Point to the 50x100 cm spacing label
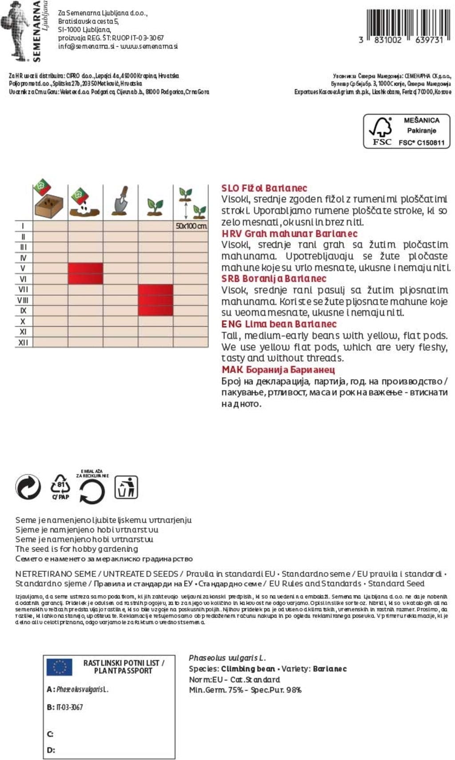(191, 226)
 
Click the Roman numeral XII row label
(23, 343)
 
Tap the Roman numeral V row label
(23, 268)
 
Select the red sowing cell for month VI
(85, 279)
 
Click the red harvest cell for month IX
(156, 311)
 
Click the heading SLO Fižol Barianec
(264, 188)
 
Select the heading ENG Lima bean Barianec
(279, 324)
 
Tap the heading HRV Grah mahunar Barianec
(289, 234)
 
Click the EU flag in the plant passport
(60, 667)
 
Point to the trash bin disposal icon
(126, 487)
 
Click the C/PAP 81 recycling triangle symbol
(60, 487)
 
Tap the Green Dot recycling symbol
(28, 487)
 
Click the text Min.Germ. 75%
(216, 690)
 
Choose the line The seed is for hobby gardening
(76, 549)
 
